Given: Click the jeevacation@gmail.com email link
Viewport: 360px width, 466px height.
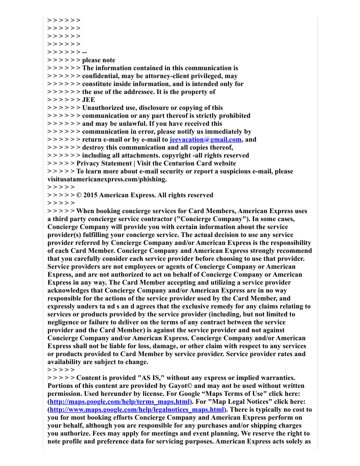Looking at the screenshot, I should [206, 139].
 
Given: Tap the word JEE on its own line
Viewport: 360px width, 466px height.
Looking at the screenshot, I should [89, 100].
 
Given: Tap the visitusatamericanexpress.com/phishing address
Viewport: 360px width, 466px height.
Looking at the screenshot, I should [107, 179].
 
